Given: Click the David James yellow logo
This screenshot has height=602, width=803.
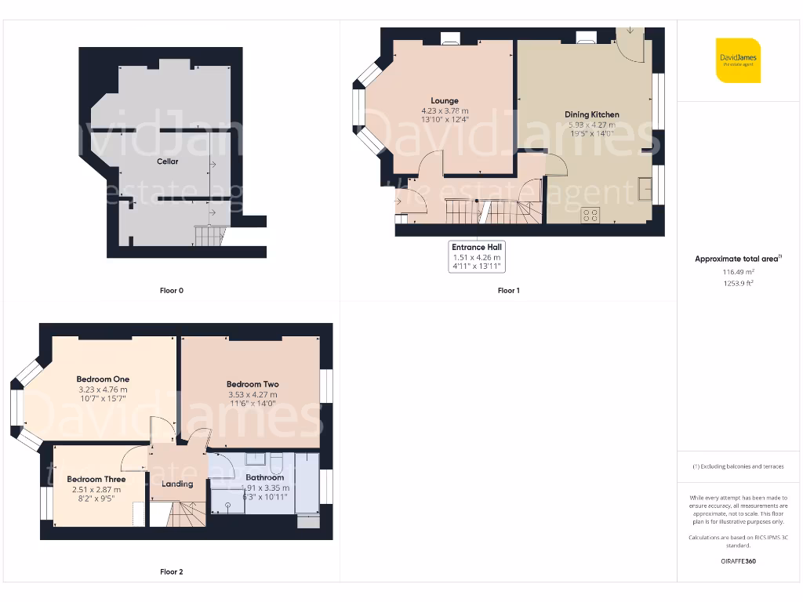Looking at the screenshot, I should pos(738,60).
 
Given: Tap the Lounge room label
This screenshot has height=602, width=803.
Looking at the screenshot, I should pos(445,100).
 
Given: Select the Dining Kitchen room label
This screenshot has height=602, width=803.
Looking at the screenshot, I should pos(592,114).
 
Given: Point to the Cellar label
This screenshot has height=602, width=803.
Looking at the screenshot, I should pos(167,161).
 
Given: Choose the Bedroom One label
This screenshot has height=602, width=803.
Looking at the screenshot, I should pos(103,379).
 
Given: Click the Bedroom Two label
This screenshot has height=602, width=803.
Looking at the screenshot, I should pos(253,384).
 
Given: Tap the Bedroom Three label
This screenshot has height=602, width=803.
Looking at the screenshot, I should pos(96,479).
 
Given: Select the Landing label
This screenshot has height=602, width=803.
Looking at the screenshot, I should pos(177,484).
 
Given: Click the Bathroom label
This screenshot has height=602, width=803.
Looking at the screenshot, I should pos(265,477).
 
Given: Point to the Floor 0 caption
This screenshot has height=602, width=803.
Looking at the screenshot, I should pos(172,291).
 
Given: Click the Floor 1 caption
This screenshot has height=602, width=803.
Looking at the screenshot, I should pos(508,291).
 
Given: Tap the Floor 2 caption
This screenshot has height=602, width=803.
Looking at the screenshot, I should pos(172,572).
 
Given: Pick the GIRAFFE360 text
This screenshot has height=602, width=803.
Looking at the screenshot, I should pos(738,561).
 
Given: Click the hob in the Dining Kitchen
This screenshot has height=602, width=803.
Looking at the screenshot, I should pos(590,215).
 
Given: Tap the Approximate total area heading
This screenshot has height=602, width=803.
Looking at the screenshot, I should pos(738,259).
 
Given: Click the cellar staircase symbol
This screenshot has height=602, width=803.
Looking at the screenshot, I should pos(208,235).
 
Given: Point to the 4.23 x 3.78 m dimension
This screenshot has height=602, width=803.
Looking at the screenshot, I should pos(445,111).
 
